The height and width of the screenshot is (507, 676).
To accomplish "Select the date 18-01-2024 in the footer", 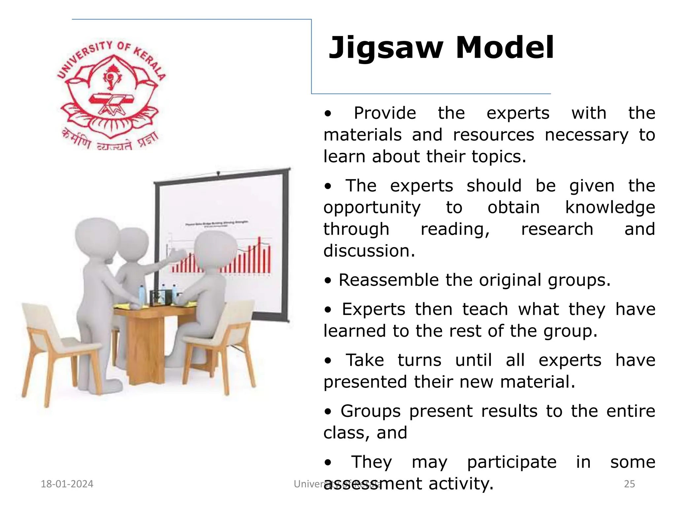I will (x=67, y=484).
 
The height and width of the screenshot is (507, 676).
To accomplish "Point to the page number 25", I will (x=629, y=484).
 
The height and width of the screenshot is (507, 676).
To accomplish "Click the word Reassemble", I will (x=389, y=280).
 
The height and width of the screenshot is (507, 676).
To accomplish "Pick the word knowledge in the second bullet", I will (x=610, y=208).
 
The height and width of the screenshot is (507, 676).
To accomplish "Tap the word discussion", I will (x=369, y=251).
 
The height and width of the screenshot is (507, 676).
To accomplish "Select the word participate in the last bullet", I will (x=512, y=462).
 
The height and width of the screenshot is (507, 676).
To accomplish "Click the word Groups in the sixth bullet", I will (x=370, y=411).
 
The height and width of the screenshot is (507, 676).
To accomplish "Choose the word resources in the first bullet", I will (x=493, y=135).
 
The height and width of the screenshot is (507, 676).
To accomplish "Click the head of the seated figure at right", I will (x=215, y=249).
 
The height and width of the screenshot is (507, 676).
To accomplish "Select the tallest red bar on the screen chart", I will (x=259, y=254).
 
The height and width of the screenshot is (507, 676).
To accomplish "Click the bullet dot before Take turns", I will (x=327, y=361).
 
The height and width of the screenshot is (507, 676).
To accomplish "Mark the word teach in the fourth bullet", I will (x=485, y=310).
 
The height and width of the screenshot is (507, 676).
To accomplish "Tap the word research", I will (x=557, y=229).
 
